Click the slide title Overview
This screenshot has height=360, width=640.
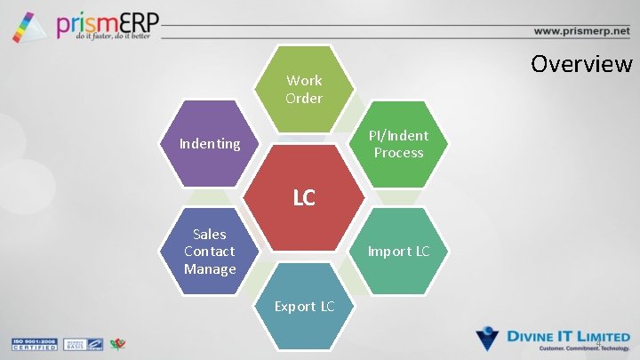[x=581, y=64]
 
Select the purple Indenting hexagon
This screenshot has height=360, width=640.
[x=210, y=143]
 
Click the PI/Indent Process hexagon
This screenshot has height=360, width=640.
[x=401, y=144]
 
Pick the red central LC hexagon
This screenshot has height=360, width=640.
[x=304, y=197]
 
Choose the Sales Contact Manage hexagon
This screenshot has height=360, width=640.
[x=210, y=251]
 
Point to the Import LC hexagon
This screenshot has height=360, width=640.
[x=399, y=252]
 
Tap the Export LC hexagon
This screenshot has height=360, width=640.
[x=304, y=306]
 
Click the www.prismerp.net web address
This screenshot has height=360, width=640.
[x=581, y=30]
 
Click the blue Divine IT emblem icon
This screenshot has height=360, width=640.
[x=489, y=339]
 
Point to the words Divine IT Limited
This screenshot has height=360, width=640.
[x=568, y=336]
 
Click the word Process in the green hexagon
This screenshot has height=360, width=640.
[x=399, y=153]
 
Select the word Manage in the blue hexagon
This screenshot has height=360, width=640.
[x=210, y=268]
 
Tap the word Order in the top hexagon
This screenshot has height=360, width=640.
[x=304, y=98]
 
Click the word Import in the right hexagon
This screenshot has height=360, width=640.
[x=389, y=252]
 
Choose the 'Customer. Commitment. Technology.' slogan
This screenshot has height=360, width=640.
[x=568, y=349]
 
